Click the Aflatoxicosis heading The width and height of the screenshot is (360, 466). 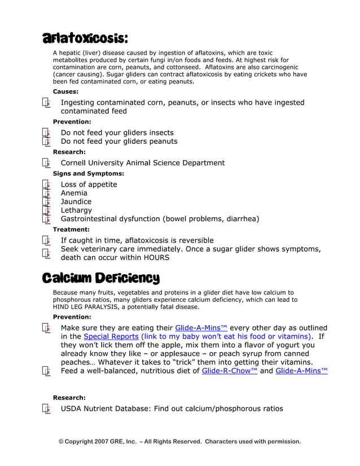click(85, 38)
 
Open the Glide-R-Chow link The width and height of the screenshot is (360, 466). click(229, 371)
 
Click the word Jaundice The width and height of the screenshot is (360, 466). click(76, 201)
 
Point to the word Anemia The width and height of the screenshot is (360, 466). click(74, 193)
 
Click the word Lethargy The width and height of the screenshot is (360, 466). click(76, 210)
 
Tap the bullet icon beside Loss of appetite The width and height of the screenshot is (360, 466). click(46, 184)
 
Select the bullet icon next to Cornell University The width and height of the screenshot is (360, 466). click(46, 162)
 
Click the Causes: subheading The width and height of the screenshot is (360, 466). click(65, 91)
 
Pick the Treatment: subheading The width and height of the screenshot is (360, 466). click(71, 230)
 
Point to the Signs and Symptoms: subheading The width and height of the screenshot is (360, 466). click(88, 174)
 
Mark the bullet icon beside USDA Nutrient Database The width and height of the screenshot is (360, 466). click(46, 408)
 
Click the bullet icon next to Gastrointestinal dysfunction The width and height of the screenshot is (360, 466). click(46, 219)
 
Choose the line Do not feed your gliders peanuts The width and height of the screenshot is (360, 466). click(118, 142)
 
